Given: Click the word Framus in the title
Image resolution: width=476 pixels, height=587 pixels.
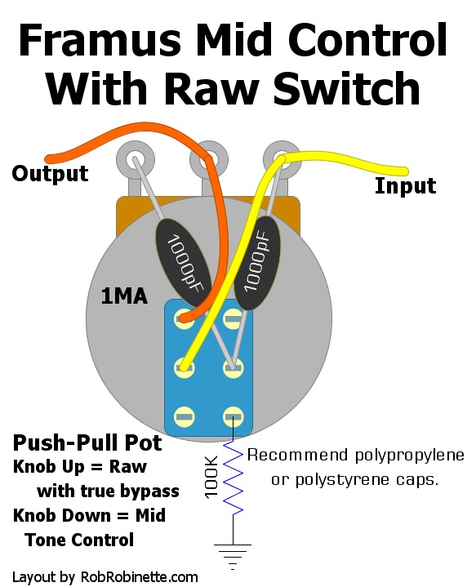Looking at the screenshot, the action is pyautogui.click(x=100, y=40).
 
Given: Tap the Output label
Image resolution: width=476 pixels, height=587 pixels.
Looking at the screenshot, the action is pyautogui.click(x=50, y=173).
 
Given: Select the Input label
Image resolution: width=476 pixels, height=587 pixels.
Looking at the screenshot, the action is pyautogui.click(x=405, y=186).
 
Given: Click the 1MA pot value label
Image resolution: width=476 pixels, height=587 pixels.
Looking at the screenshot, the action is pyautogui.click(x=124, y=296).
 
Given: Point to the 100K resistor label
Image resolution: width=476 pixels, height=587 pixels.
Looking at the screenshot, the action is pyautogui.click(x=211, y=477).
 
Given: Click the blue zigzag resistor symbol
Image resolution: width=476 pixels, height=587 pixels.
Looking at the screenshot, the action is pyautogui.click(x=233, y=478).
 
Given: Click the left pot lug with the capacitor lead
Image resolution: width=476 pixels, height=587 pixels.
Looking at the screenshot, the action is pyautogui.click(x=136, y=160).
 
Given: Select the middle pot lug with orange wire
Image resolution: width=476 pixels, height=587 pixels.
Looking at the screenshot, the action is pyautogui.click(x=208, y=160).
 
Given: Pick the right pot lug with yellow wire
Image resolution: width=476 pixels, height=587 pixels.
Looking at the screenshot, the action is pyautogui.click(x=282, y=160).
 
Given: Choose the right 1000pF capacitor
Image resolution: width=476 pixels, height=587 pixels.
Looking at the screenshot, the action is pyautogui.click(x=257, y=263).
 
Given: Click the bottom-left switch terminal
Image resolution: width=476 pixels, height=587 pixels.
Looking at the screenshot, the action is pyautogui.click(x=185, y=416).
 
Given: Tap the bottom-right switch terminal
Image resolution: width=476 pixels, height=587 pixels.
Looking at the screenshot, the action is pyautogui.click(x=233, y=416).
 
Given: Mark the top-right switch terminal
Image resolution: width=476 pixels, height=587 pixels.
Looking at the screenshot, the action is pyautogui.click(x=233, y=319).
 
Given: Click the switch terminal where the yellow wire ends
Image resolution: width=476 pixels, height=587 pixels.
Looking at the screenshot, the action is pyautogui.click(x=185, y=367).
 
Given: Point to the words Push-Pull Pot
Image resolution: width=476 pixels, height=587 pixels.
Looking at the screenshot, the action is pyautogui.click(x=87, y=442).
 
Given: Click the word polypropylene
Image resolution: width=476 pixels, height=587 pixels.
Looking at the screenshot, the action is pyautogui.click(x=409, y=456).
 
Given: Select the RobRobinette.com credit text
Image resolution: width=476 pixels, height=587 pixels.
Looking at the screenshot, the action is pyautogui.click(x=140, y=577).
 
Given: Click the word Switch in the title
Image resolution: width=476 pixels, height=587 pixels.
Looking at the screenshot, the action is pyautogui.click(x=347, y=89).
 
